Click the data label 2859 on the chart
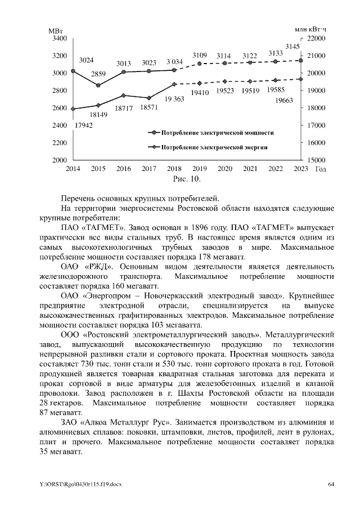click(x=98, y=74)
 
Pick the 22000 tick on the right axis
click(x=316, y=38)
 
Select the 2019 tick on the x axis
click(x=200, y=169)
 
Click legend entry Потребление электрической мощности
click(x=217, y=133)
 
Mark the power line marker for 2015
click(x=98, y=85)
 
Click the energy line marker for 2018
click(x=174, y=84)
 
